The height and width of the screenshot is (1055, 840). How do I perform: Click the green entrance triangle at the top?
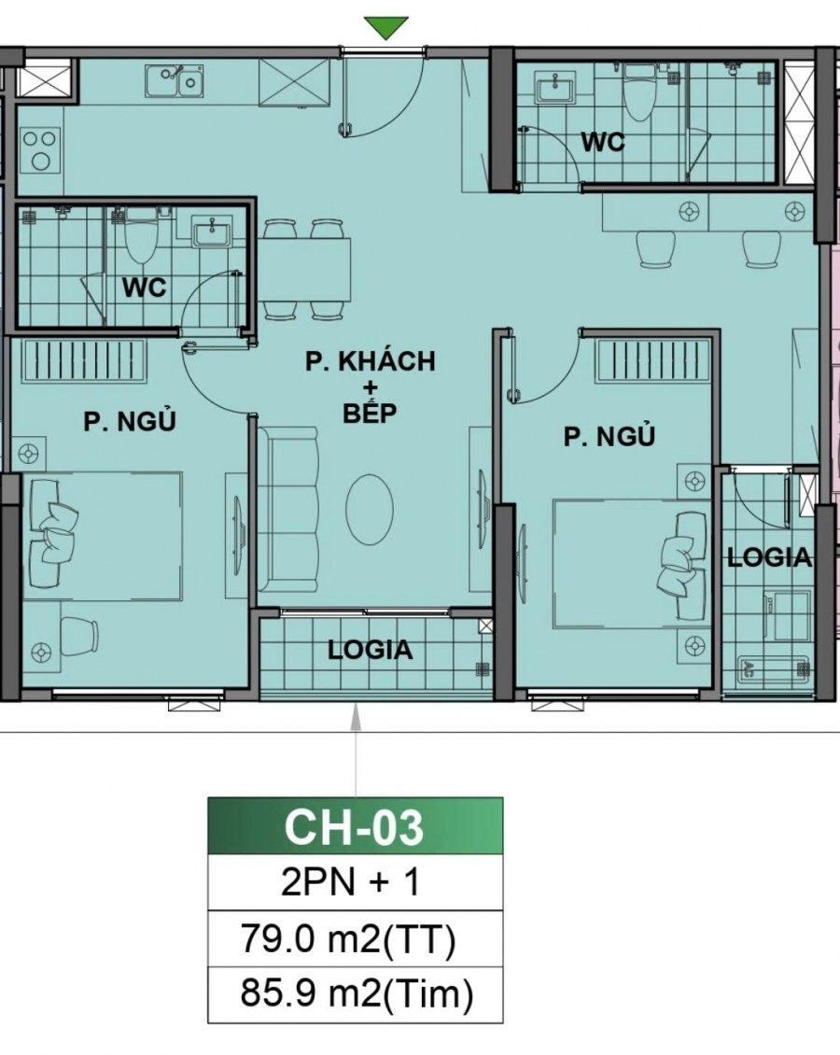(x=386, y=28)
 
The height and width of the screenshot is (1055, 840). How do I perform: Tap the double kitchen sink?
(x=175, y=80)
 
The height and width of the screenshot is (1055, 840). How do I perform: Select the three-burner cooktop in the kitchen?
(x=39, y=149)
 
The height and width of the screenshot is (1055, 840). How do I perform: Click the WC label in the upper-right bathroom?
(x=603, y=143)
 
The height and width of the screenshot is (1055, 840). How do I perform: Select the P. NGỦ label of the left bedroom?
(x=130, y=422)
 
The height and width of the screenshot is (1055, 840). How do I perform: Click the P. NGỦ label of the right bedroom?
(x=609, y=436)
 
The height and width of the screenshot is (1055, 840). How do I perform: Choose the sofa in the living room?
(x=287, y=509)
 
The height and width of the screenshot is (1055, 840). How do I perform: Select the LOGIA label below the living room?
(x=371, y=650)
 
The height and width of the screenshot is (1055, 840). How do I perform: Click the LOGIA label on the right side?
(x=769, y=557)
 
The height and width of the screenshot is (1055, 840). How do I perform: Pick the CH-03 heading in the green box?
(x=355, y=827)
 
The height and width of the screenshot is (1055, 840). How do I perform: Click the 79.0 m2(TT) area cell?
(x=355, y=941)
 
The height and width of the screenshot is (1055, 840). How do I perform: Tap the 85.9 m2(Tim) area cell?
(x=355, y=995)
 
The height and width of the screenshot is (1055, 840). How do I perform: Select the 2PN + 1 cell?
(x=355, y=882)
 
